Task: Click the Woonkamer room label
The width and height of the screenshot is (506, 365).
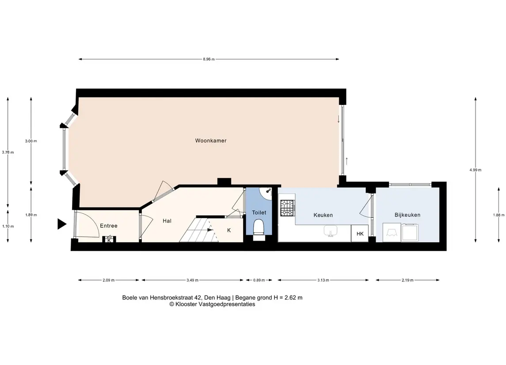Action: [211, 141]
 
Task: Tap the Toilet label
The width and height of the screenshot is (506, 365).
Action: [259, 212]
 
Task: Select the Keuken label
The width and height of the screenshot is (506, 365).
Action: [323, 215]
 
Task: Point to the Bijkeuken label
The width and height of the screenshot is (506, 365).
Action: [407, 215]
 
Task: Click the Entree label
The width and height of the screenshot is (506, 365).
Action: [109, 226]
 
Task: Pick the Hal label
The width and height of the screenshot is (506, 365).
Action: [167, 221]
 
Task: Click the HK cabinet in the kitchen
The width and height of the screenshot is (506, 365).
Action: [360, 234]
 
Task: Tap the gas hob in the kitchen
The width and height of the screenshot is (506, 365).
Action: [287, 208]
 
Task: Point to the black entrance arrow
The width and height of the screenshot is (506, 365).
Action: [61, 224]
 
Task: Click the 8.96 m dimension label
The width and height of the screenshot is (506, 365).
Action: [209, 59]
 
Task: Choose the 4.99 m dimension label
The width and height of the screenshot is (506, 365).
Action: [476, 170]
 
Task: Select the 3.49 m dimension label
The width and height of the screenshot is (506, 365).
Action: [192, 280]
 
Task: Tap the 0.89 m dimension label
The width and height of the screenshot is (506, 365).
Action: [259, 280]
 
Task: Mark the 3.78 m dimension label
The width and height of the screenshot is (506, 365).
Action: [8, 152]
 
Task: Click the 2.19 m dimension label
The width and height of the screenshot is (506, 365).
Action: [407, 280]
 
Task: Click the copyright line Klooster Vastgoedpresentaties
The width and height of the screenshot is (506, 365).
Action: [212, 304]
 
